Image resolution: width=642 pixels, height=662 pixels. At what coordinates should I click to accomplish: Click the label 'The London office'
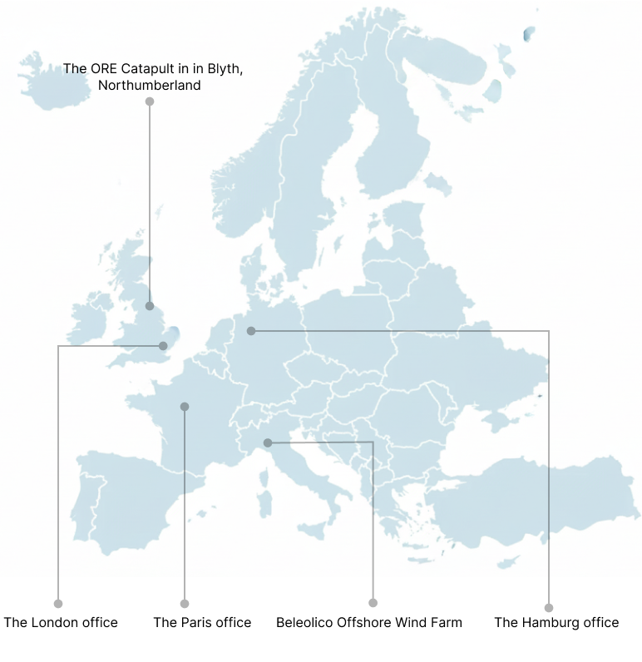click(x=61, y=622)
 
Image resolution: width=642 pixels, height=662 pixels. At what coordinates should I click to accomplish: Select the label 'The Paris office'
click(x=202, y=622)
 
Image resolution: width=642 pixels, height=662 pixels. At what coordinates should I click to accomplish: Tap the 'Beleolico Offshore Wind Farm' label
click(x=368, y=622)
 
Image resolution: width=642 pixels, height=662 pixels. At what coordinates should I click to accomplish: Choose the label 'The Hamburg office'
click(x=556, y=622)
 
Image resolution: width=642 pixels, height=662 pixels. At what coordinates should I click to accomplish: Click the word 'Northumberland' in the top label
click(x=149, y=85)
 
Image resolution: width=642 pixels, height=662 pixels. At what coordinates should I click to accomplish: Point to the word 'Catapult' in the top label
click(x=151, y=68)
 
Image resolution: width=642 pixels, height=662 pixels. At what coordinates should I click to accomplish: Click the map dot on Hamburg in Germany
click(x=251, y=331)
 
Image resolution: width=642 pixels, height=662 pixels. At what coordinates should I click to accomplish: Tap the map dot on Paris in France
click(x=185, y=407)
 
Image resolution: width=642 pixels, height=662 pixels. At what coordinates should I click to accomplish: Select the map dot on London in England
click(x=163, y=346)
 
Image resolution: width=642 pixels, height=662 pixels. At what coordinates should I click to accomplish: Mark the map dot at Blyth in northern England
click(x=150, y=306)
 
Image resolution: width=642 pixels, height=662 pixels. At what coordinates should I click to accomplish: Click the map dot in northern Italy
click(x=268, y=442)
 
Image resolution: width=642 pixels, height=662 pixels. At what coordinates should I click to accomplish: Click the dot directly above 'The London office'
click(x=58, y=604)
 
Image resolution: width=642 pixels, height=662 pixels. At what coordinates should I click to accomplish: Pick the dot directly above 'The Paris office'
click(x=185, y=604)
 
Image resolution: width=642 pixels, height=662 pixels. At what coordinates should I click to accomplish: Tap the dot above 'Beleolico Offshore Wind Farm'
click(x=373, y=603)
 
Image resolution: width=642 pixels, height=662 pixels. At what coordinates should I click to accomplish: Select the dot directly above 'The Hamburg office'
click(x=549, y=608)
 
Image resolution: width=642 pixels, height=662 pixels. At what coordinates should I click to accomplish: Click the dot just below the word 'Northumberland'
click(x=150, y=101)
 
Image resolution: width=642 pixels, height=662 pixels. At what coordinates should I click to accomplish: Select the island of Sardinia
click(x=265, y=501)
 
